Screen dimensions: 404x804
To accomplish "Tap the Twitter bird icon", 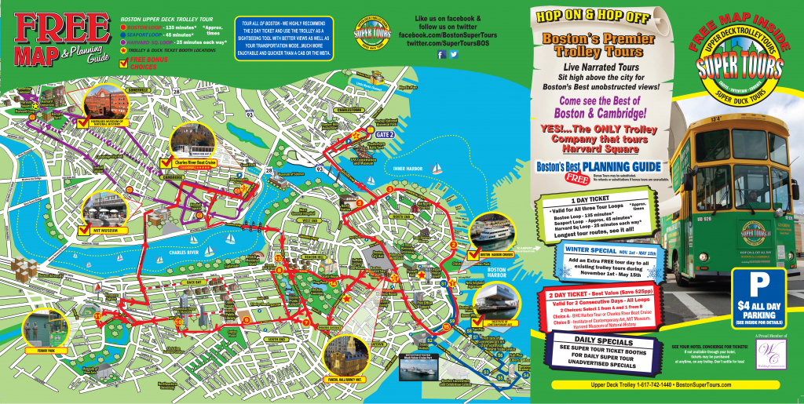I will click(x=453, y=54).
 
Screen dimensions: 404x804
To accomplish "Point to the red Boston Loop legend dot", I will click(x=124, y=27).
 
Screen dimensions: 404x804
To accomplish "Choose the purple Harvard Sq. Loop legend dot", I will click(x=124, y=43).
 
